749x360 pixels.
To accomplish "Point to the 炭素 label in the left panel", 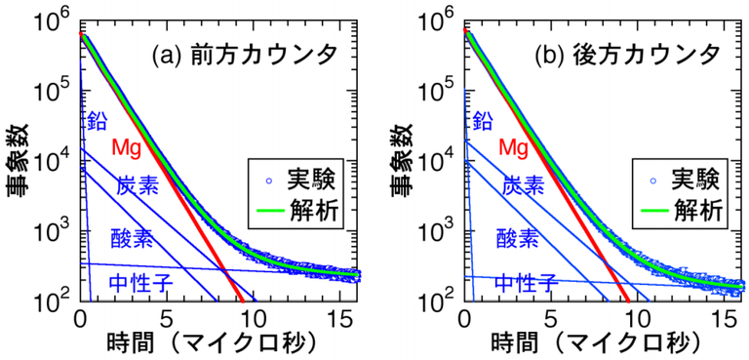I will click(138, 185).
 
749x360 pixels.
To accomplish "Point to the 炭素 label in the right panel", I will click(523, 185).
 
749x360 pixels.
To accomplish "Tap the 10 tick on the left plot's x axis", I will click(253, 318).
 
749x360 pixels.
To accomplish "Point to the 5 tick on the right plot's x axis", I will click(551, 318).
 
